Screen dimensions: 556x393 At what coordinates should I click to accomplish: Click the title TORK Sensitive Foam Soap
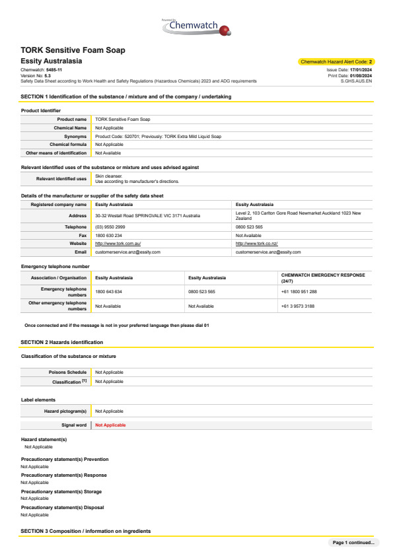(73, 50)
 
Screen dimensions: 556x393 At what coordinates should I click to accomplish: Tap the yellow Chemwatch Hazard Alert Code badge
(337, 61)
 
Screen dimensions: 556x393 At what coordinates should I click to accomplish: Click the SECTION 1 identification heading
(126, 97)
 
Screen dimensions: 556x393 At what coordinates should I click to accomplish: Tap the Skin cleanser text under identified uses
(109, 176)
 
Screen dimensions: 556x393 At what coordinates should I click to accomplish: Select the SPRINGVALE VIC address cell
(147, 216)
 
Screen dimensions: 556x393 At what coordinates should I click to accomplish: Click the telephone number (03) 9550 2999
(110, 226)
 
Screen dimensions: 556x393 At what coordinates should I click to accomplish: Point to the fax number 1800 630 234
(108, 235)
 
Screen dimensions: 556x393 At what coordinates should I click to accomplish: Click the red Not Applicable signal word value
(110, 425)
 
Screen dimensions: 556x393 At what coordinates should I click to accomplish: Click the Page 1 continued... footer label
(353, 543)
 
